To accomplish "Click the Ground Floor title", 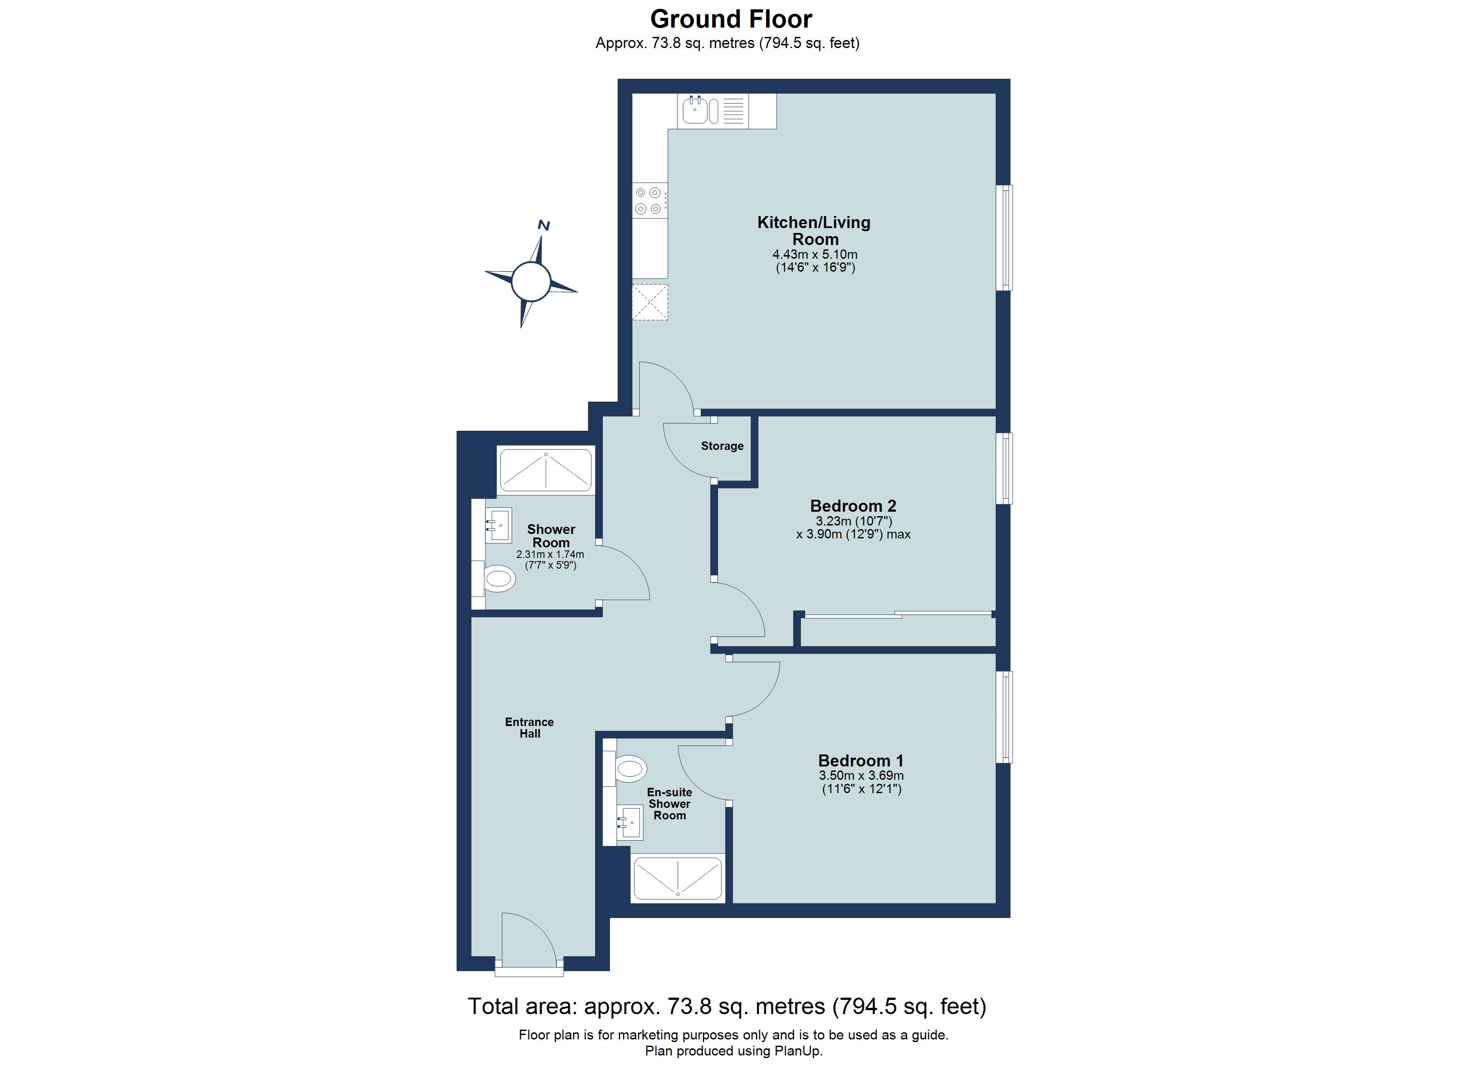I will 731,20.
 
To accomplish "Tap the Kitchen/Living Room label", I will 814,230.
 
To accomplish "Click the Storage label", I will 722,446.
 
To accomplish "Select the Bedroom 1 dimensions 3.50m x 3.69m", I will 861,775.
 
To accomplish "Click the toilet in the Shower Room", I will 499,578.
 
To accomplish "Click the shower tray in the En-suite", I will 677,878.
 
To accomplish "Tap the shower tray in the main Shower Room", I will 546,470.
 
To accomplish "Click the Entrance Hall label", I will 529,727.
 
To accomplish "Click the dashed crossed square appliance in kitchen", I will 649,301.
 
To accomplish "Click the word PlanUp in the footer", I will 797,1051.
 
